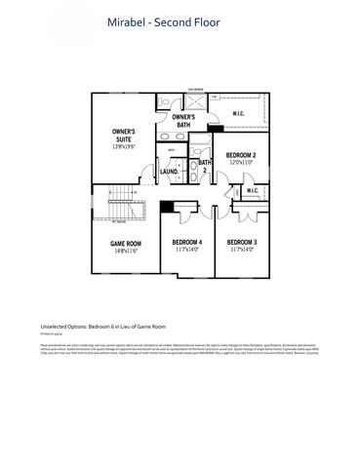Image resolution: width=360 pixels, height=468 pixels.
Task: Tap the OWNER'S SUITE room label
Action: tap(122, 134)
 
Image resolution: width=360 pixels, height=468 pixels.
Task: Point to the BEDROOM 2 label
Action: tap(240, 155)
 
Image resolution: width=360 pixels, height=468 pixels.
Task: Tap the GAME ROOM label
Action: tap(125, 244)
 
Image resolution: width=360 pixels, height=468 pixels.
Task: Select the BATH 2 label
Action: tap(205, 166)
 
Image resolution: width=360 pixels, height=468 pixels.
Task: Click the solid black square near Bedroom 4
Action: tap(167, 207)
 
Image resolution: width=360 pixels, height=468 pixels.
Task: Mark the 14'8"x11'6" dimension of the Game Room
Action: tap(125, 251)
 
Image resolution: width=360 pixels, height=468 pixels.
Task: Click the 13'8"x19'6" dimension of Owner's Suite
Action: tap(122, 145)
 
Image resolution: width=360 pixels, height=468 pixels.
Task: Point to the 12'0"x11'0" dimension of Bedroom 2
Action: tap(240, 162)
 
